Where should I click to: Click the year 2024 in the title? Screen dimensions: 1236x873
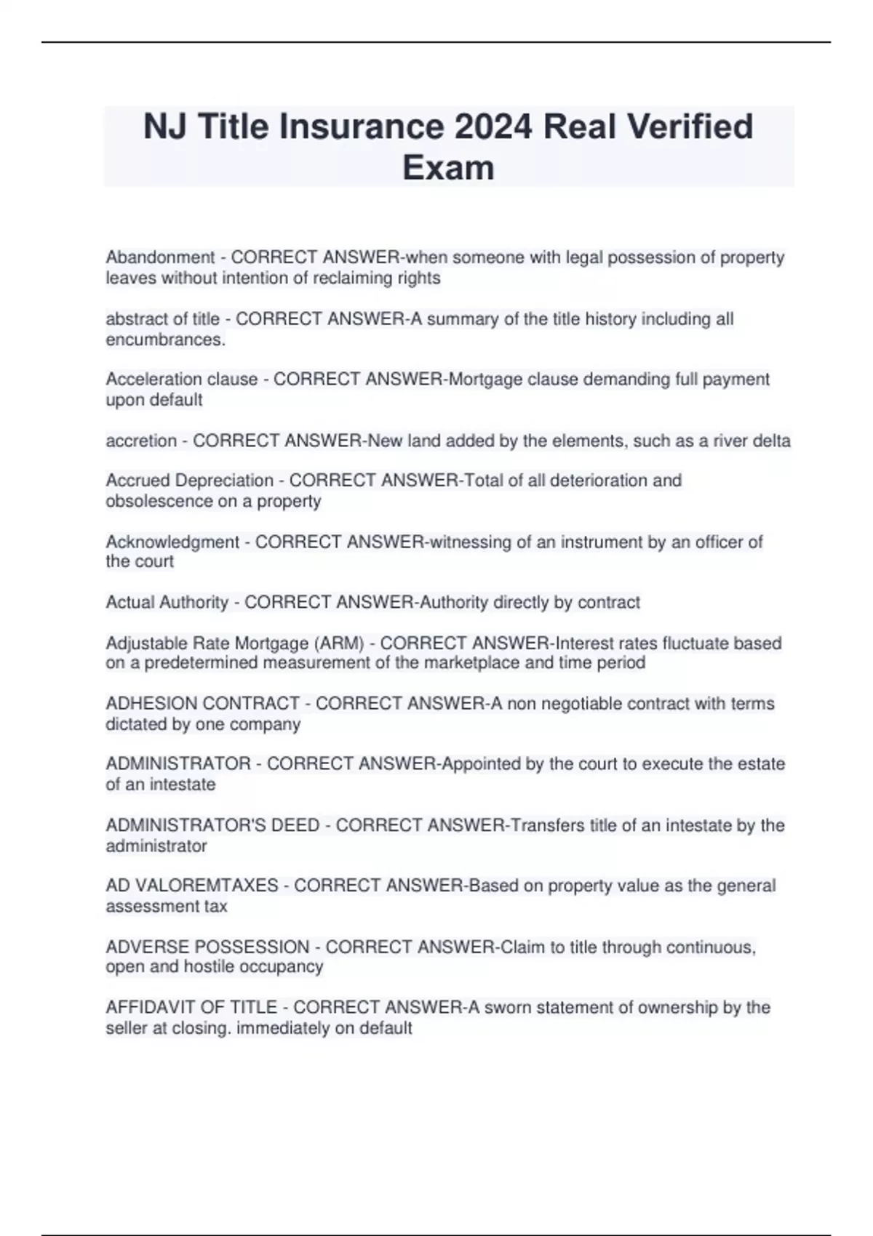pyautogui.click(x=493, y=127)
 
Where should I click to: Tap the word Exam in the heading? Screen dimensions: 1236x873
pyautogui.click(x=448, y=167)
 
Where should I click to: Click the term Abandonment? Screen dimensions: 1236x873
pyautogui.click(x=160, y=257)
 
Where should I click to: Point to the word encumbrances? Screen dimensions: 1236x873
pyautogui.click(x=165, y=340)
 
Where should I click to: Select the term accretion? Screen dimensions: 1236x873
pyautogui.click(x=141, y=441)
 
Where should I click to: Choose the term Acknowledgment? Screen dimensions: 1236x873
pyautogui.click(x=172, y=542)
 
